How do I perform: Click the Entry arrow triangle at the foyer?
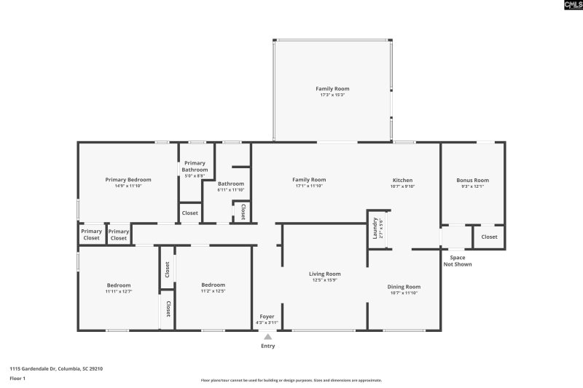[267, 336]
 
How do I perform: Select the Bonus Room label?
[472, 180]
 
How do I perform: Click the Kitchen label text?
[403, 180]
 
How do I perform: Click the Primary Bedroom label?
[128, 180]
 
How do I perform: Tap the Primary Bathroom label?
[195, 166]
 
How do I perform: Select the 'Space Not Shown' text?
[458, 261]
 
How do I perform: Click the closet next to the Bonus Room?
[489, 237]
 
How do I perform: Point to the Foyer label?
[267, 317]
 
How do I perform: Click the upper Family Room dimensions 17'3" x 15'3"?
[332, 95]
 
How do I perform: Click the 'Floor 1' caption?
[17, 379]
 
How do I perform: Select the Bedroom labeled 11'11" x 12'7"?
[119, 285]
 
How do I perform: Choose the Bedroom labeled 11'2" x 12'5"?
[213, 285]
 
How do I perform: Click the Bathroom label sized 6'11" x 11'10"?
[230, 184]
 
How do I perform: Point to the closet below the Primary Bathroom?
[189, 213]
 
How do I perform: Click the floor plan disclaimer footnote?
[291, 380]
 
